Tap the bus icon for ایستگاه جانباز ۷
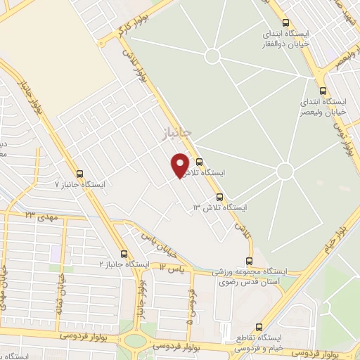79,174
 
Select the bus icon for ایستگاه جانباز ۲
124,254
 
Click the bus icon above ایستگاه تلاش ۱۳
220,198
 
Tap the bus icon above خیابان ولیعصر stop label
323,90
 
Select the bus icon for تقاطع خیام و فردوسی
259,327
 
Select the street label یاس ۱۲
172,268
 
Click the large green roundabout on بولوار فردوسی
135,342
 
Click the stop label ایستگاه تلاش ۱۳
221,208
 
